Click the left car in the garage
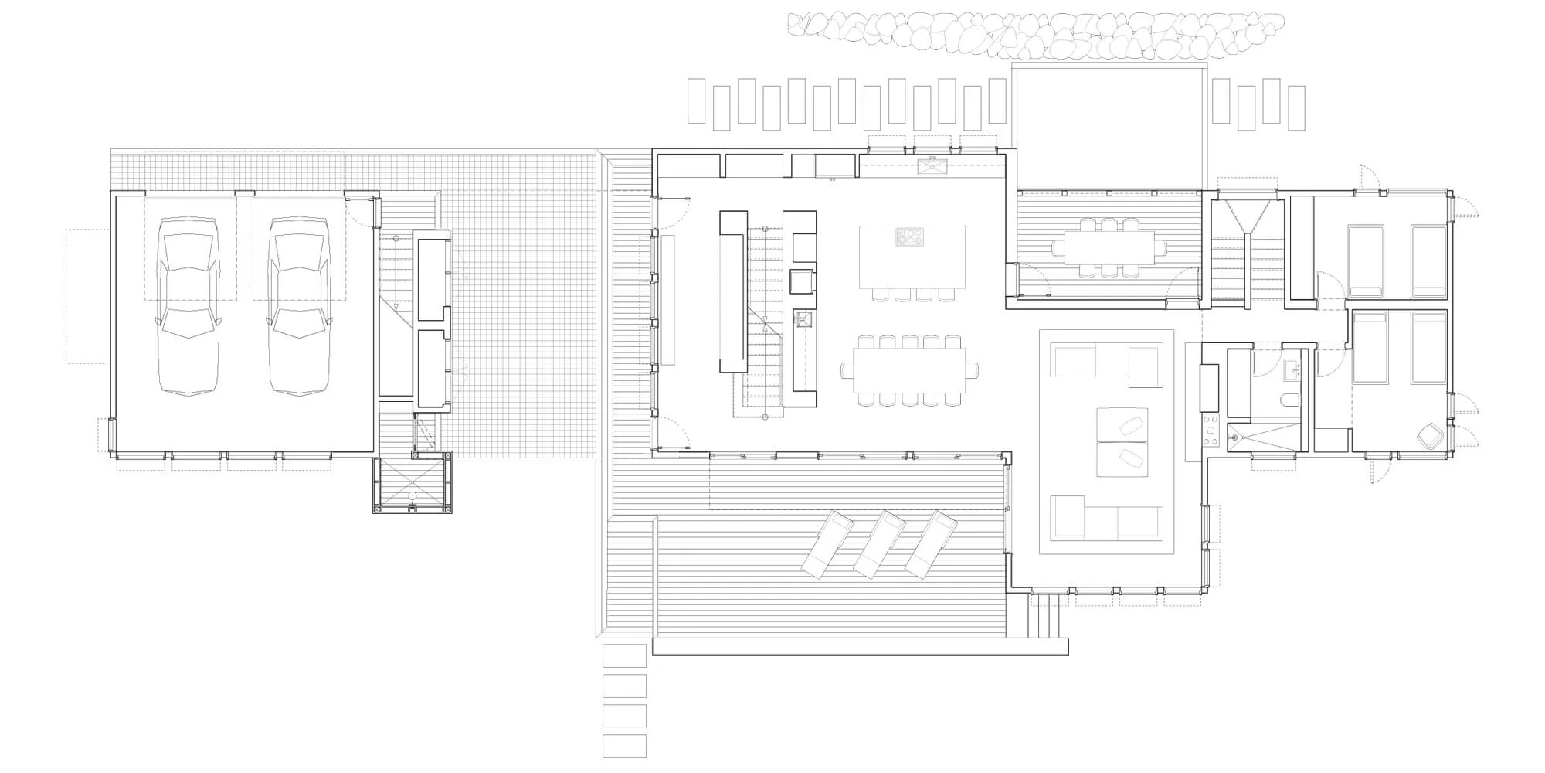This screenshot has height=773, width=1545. tap(187, 306)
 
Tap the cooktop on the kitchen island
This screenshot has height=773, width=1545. tap(909, 237)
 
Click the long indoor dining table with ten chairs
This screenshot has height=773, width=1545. tap(909, 370)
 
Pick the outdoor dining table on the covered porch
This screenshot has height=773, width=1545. tap(1109, 247)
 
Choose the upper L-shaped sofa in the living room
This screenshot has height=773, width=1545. tap(1107, 363)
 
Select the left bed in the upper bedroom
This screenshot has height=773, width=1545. tap(1365, 261)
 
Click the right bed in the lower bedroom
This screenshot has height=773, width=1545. tap(1428, 348)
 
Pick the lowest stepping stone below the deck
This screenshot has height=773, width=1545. tap(624, 746)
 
